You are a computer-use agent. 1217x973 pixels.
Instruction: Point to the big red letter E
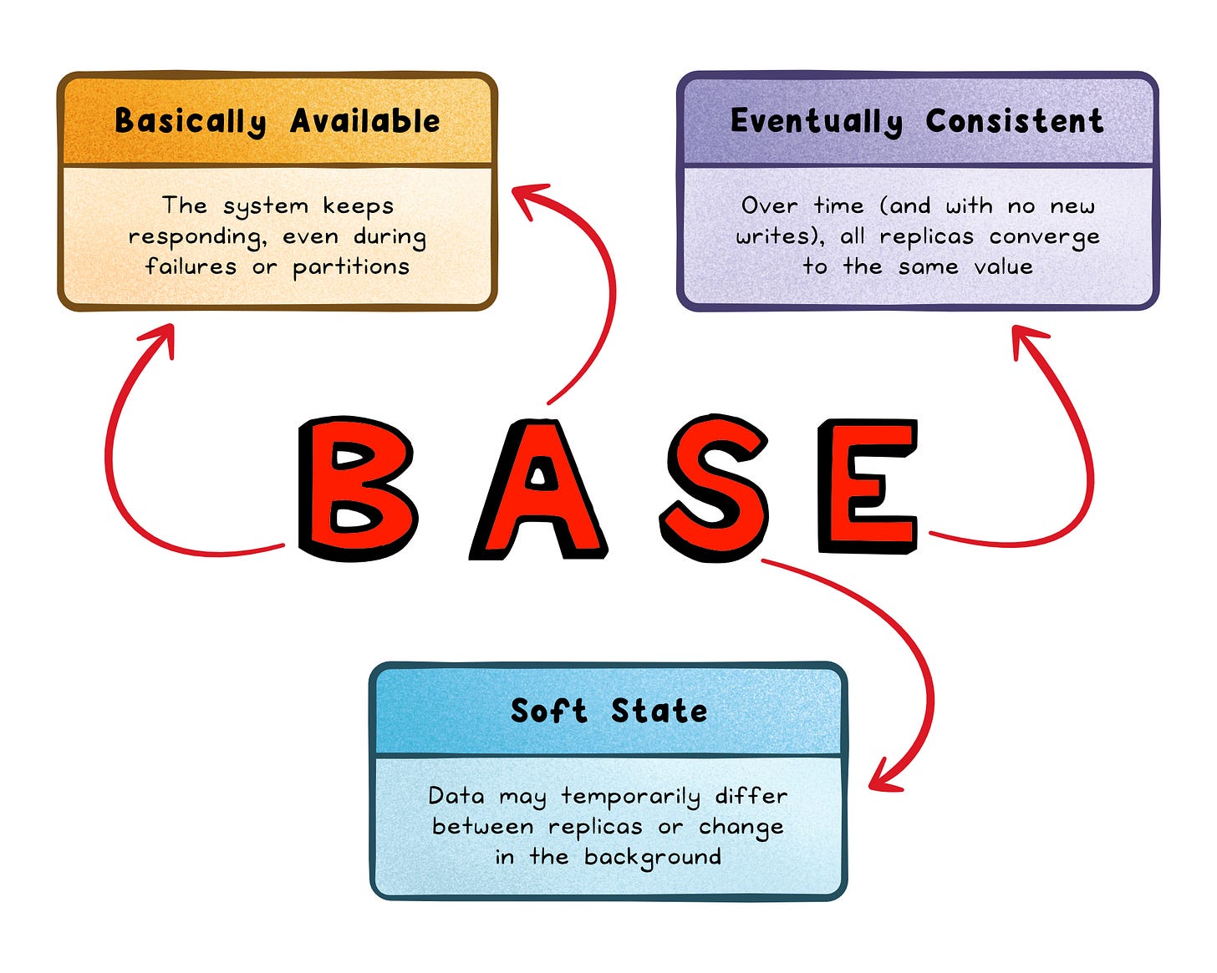[x=868, y=486]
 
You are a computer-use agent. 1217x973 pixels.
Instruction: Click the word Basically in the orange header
[x=191, y=122]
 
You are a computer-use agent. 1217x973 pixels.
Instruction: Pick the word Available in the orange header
[x=365, y=122]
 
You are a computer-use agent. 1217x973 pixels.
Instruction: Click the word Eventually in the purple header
[x=817, y=122]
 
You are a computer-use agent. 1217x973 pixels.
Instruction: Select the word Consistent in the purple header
[x=1015, y=122]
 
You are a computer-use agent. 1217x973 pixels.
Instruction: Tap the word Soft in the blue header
[x=549, y=712]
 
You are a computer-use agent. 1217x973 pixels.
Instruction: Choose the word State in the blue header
[x=659, y=712]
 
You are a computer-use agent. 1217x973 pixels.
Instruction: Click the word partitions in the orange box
[x=351, y=267]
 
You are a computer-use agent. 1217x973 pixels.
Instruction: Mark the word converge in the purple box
[x=1045, y=238]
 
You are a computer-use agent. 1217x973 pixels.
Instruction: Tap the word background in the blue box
[x=652, y=858]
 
